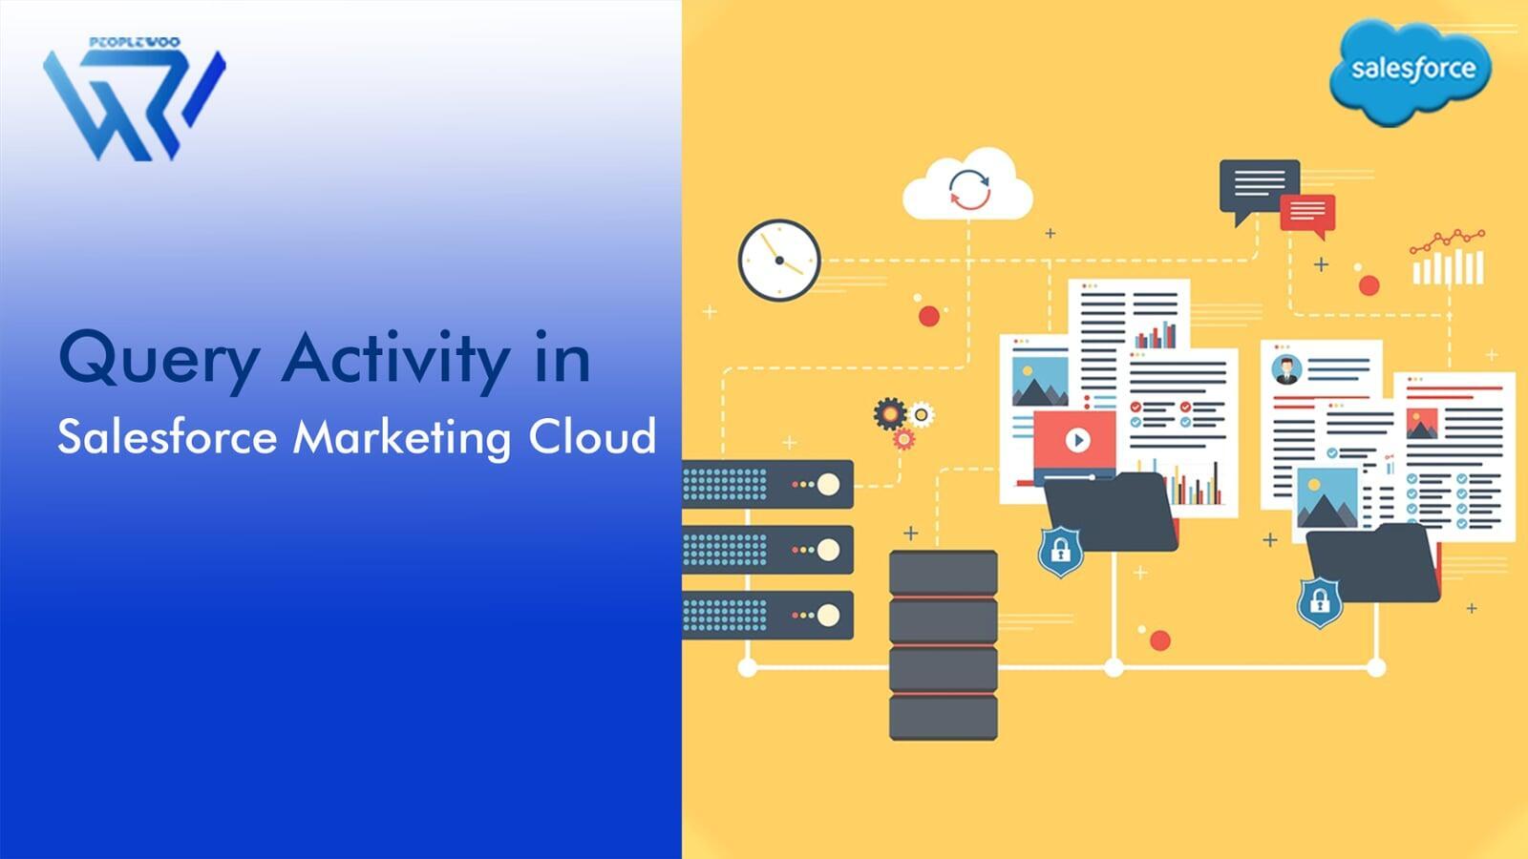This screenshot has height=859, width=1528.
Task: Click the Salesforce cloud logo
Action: [1410, 71]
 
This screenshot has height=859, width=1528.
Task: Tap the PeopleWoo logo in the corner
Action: [134, 100]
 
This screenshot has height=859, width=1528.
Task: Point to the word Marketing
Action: [402, 438]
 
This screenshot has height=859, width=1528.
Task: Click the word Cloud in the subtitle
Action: [592, 436]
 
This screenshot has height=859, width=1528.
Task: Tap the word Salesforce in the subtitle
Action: [167, 438]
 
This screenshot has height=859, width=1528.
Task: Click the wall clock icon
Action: [779, 260]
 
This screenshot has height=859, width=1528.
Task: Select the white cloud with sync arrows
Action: [968, 186]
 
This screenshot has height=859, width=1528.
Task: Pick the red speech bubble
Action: [1307, 214]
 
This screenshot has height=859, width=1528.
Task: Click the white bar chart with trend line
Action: [1448, 260]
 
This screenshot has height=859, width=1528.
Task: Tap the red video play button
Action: [1077, 440]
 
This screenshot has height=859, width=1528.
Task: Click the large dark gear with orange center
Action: [889, 413]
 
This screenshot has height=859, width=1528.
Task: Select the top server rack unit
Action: [768, 484]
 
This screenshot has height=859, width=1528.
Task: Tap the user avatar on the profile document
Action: [1286, 369]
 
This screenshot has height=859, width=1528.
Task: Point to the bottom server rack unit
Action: [768, 616]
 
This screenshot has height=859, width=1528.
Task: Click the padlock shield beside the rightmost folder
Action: [1320, 601]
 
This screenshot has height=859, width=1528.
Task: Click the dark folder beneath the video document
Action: [1112, 513]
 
